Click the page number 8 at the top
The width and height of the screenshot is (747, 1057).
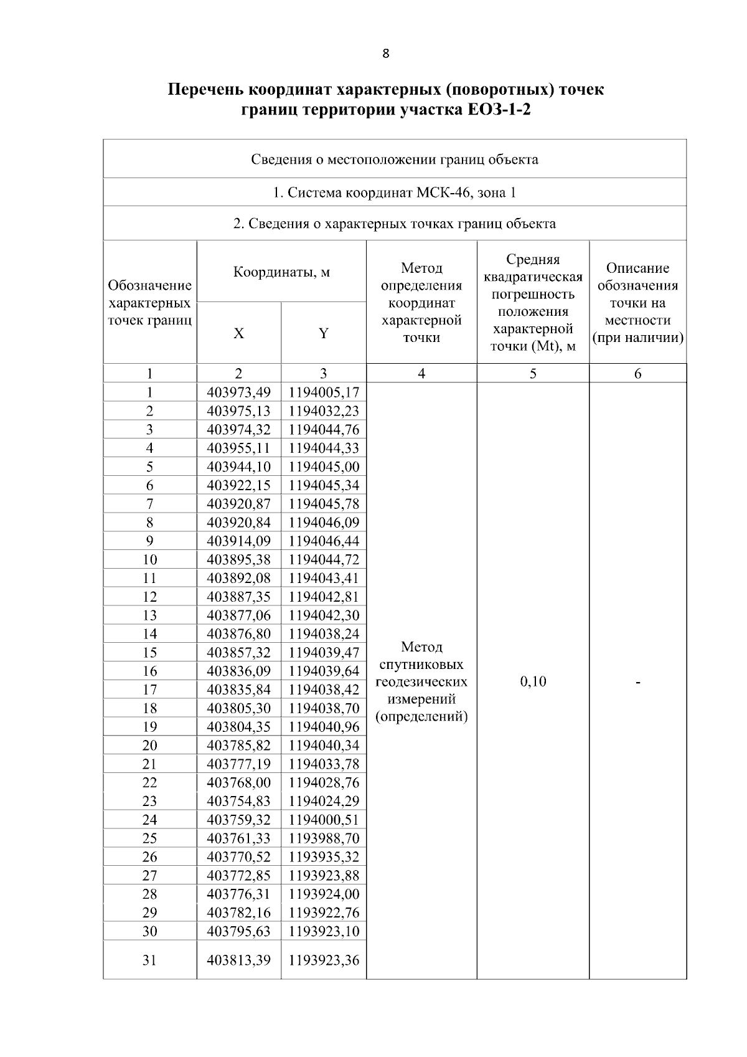tap(385, 54)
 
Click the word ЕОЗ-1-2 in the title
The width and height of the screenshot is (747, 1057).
tap(499, 111)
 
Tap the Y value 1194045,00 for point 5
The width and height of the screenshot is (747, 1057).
tap(324, 467)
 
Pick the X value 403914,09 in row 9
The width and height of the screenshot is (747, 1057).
tap(238, 541)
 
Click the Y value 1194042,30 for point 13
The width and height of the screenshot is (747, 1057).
tap(324, 615)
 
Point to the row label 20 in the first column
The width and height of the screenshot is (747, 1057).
tap(149, 745)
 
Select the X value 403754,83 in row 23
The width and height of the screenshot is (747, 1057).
tap(238, 801)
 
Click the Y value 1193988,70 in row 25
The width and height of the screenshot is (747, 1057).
tap(324, 838)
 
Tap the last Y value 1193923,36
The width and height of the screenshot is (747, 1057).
tap(324, 960)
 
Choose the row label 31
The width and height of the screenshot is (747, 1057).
tap(149, 960)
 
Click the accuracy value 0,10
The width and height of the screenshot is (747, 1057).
tap(533, 681)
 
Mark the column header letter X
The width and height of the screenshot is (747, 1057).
tap(238, 333)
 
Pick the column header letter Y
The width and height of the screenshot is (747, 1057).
tap(324, 333)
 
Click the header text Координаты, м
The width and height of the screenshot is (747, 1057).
tap(281, 272)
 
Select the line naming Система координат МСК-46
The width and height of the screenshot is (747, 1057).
tap(395, 192)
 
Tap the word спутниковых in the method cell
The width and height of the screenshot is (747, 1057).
tap(421, 664)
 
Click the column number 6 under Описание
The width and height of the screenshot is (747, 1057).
tap(637, 374)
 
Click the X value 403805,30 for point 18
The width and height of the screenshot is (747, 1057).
tap(238, 708)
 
